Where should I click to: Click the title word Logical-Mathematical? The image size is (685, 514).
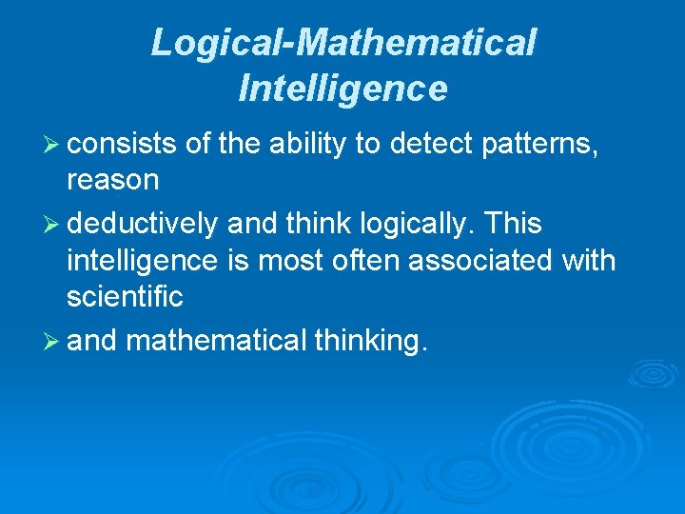coord(343,43)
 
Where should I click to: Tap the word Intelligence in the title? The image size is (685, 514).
coord(342,88)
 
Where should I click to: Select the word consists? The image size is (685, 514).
coord(122,143)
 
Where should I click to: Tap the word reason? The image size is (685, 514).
coord(112,179)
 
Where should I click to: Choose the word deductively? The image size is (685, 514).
coord(144,225)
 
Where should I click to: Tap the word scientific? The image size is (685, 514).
coord(124,297)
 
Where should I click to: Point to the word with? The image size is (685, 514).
coord(590,261)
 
